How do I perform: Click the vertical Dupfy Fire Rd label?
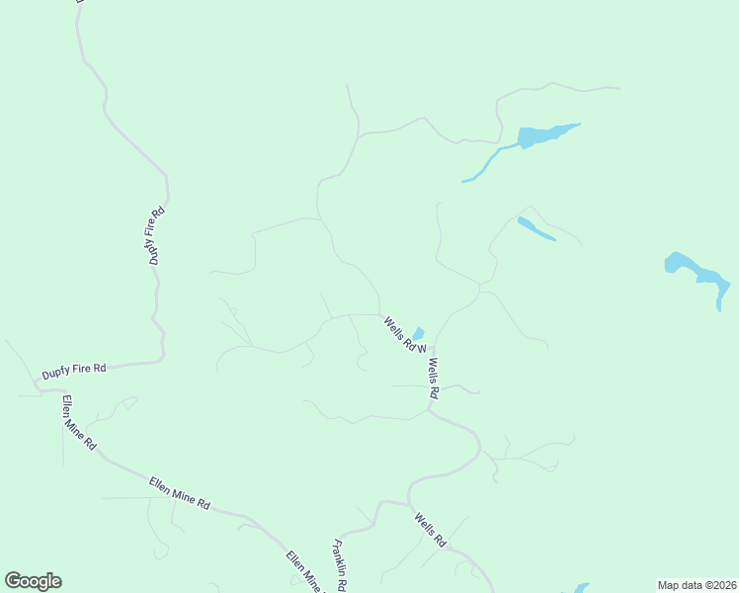click(155, 235)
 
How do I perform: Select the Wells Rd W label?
click(404, 334)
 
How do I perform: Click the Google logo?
click(33, 581)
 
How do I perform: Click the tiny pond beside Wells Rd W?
click(418, 334)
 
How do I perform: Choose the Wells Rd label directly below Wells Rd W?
click(433, 379)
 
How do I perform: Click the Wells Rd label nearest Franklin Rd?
click(431, 531)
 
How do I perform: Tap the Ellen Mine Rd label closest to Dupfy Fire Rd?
click(78, 424)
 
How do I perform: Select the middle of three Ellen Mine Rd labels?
click(180, 492)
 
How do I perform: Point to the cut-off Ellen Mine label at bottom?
click(304, 571)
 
